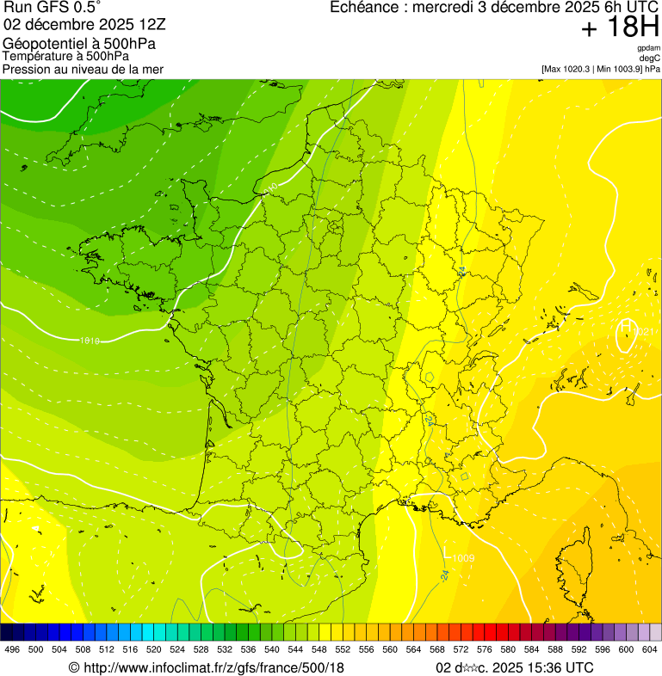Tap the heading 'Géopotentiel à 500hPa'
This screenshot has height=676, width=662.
[x=79, y=44]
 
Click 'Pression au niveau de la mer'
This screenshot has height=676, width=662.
[x=83, y=69]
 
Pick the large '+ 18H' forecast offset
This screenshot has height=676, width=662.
[x=620, y=28]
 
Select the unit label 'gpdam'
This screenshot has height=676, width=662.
[x=648, y=48]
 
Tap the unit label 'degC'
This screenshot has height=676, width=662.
[x=650, y=58]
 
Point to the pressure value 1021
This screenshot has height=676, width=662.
[x=645, y=332]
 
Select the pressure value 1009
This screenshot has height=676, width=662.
[x=463, y=559]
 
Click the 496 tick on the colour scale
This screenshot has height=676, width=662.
[x=12, y=649]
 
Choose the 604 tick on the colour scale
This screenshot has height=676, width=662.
[x=650, y=649]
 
